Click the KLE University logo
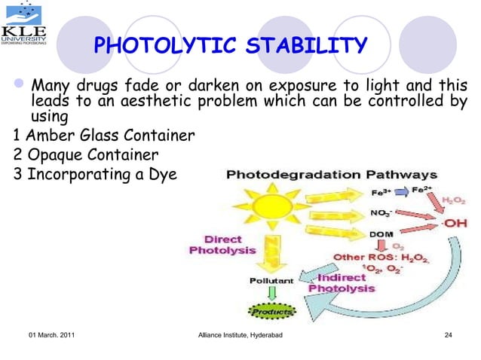click(x=24, y=26)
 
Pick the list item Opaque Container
click(x=86, y=156)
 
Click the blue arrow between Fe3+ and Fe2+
click(x=401, y=191)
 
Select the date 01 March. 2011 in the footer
click(x=51, y=334)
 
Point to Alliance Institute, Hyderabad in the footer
click(x=239, y=334)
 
